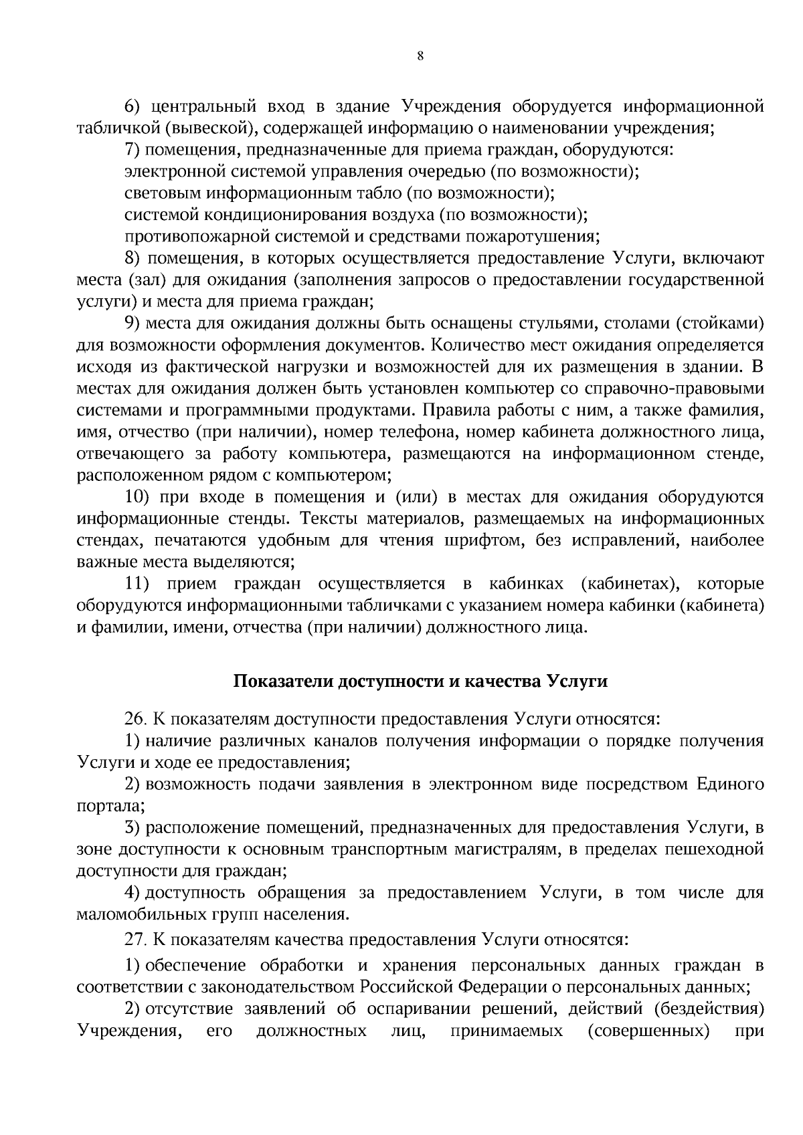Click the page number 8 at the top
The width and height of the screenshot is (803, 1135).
[420, 56]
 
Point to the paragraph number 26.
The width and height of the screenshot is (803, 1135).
[136, 719]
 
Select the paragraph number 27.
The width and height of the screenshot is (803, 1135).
[136, 940]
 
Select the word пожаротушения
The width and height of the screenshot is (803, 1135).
[540, 237]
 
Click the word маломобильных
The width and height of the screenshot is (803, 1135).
[137, 914]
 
